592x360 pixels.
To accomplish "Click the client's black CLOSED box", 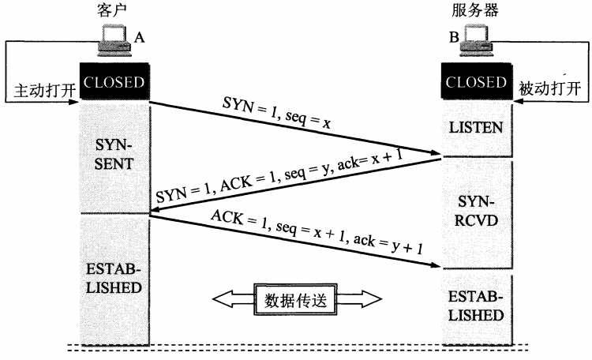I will pyautogui.click(x=114, y=83).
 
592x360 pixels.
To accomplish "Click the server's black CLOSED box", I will pyautogui.click(x=476, y=83).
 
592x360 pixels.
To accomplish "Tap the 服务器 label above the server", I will pyautogui.click(x=476, y=9).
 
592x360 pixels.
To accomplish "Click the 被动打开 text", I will pyautogui.click(x=550, y=89).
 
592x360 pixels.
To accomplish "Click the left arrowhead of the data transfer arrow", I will pyautogui.click(x=225, y=299).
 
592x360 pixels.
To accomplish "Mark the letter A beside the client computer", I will pyautogui.click(x=140, y=36).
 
